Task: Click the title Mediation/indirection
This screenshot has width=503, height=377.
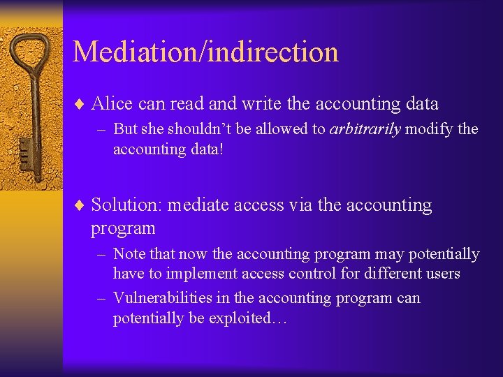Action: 205,52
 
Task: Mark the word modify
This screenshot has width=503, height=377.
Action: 429,130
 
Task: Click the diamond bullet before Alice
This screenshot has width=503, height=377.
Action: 79,105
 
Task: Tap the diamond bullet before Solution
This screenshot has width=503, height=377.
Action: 79,206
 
